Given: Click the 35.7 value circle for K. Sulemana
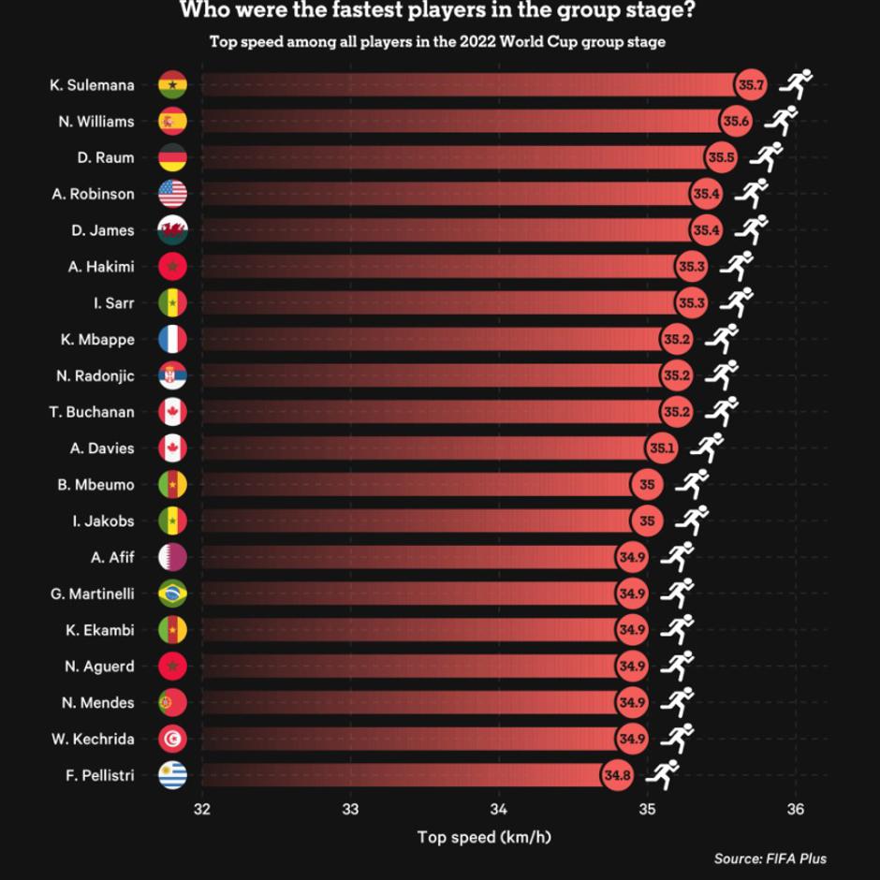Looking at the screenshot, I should coord(751,85).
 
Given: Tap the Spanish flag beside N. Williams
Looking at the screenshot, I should coord(173,122).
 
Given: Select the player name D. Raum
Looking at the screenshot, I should coord(106,157).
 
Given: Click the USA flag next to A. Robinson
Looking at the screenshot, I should coord(173,194).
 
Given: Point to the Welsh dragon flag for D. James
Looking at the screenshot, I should coord(173,230).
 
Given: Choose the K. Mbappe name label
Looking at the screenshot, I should coord(97,339).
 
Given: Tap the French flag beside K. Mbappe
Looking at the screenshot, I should coord(173,339).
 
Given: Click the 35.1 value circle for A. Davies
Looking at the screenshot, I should coord(661,448).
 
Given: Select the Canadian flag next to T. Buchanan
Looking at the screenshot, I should coord(173,412).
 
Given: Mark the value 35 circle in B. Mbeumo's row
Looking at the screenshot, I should coord(647,485).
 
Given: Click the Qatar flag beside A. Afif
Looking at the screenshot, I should coord(173,557).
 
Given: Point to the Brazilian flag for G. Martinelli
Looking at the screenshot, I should coord(173,594).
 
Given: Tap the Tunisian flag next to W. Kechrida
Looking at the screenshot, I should coord(173,739).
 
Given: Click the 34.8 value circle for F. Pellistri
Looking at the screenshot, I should coord(616,775).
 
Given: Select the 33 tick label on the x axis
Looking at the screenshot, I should coord(351,808).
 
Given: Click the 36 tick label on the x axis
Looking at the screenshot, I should coord(796,808).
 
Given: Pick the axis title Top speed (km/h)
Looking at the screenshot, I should coord(484,835).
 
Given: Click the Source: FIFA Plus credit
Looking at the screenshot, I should coord(770,858).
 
